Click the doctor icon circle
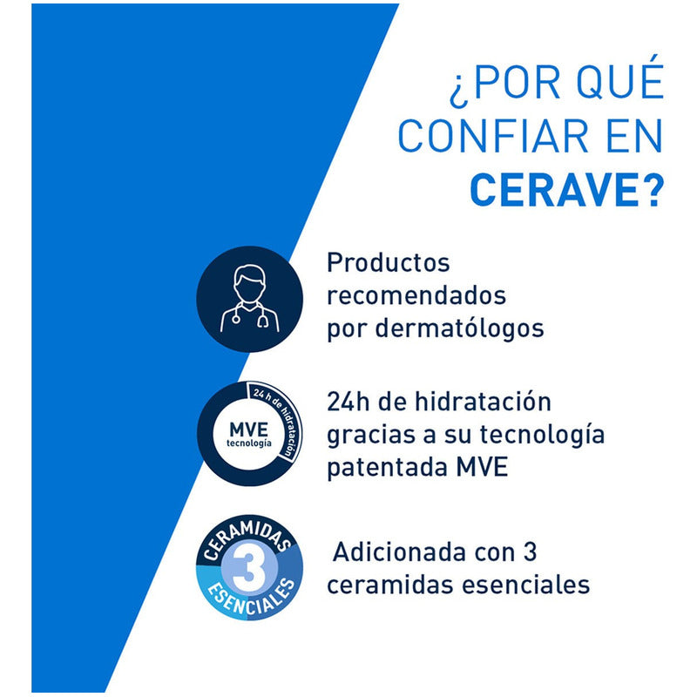tap(249, 299)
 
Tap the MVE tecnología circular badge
tap(249, 433)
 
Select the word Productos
tap(389, 263)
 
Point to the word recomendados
tap(416, 296)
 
